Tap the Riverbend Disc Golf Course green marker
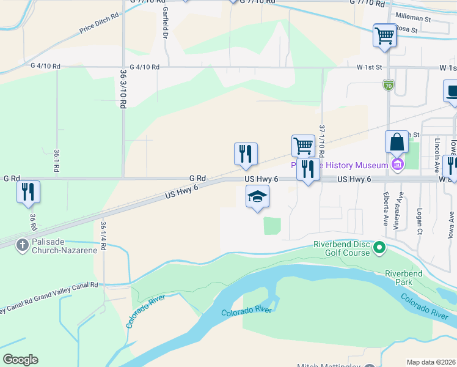click(379, 248)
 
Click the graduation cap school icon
click(257, 197)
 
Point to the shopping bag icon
click(397, 142)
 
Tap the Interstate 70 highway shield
click(388, 85)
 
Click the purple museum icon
click(398, 165)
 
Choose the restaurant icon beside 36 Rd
click(28, 191)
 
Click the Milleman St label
click(413, 19)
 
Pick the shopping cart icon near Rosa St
click(384, 35)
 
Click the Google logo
click(20, 360)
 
